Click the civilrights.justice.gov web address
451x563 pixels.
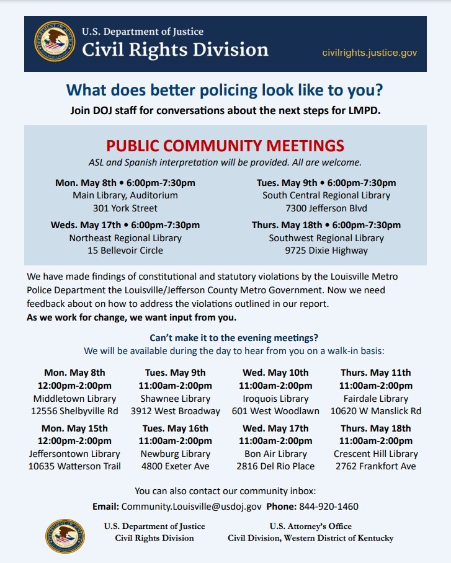tap(369, 53)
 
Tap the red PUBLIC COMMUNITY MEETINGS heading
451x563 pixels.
tap(225, 146)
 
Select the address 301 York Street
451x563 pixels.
tap(125, 208)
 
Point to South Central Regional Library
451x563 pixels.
tap(326, 195)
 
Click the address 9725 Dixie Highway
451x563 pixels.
tap(326, 250)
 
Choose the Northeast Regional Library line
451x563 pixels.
tap(125, 238)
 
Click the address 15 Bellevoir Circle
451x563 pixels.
tap(125, 250)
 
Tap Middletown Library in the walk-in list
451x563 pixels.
tap(74, 399)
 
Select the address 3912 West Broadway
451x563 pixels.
tap(176, 411)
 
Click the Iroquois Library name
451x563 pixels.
tap(275, 399)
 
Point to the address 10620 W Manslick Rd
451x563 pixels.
tap(376, 411)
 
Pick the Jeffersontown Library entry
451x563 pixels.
tap(74, 454)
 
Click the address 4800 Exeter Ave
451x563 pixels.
tap(176, 466)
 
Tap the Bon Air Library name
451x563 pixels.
tap(275, 454)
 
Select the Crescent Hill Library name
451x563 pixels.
tap(376, 454)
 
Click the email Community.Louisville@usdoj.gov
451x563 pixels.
tap(191, 507)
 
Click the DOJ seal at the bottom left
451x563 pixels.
tap(65, 536)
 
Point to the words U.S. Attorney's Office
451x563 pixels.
tap(310, 526)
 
